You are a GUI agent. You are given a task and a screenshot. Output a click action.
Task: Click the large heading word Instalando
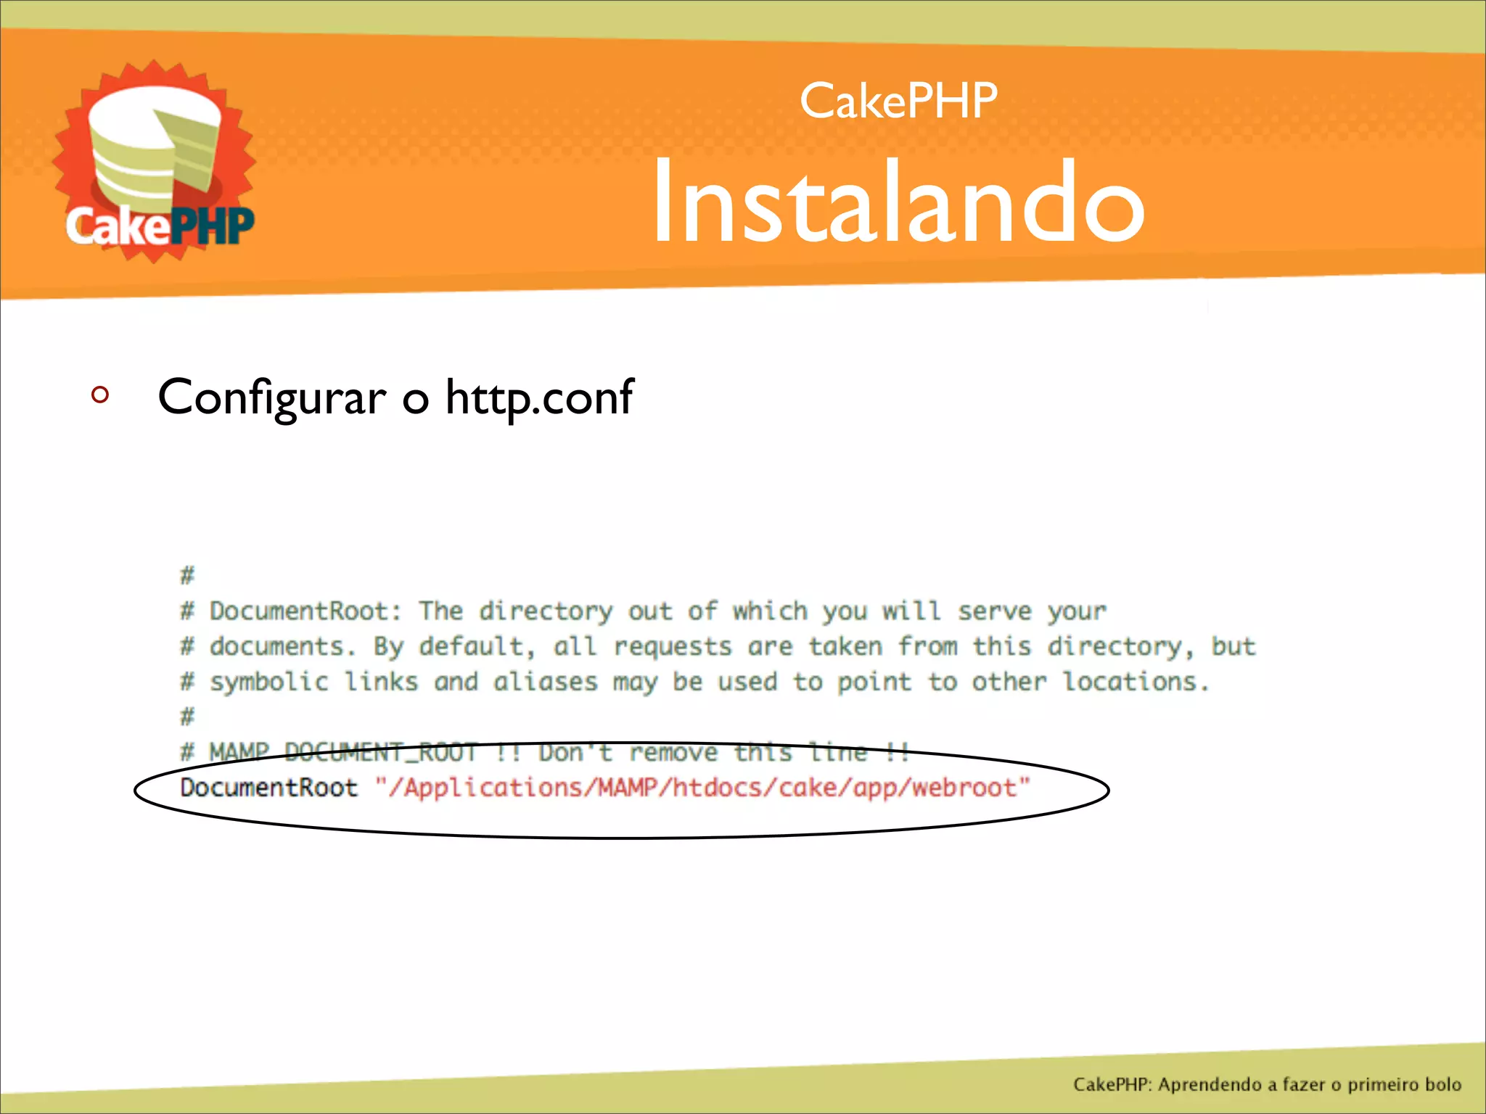point(898,202)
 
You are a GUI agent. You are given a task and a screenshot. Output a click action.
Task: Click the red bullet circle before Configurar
point(100,395)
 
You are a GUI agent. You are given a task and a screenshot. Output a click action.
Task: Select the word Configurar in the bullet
point(272,397)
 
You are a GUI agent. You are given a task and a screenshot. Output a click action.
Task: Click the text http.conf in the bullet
point(539,397)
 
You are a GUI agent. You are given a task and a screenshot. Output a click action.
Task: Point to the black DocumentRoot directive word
point(268,788)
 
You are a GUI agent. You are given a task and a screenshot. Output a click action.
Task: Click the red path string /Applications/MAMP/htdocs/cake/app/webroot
point(702,788)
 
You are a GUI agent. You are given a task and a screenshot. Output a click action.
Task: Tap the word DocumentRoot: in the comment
point(305,611)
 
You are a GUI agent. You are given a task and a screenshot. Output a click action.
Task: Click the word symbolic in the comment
point(268,682)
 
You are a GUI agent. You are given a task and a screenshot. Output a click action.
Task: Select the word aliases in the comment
point(545,682)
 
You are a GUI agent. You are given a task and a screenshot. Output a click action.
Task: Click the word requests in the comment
point(672,647)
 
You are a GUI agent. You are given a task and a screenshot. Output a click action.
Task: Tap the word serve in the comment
point(994,611)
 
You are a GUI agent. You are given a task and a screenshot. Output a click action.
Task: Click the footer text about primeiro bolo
point(1267,1084)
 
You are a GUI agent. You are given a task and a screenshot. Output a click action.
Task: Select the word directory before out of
point(545,611)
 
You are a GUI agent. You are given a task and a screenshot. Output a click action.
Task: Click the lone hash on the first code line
point(187,576)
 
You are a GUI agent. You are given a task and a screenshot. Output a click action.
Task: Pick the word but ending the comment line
point(1233,647)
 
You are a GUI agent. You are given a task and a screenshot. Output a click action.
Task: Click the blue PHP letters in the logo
point(214,226)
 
